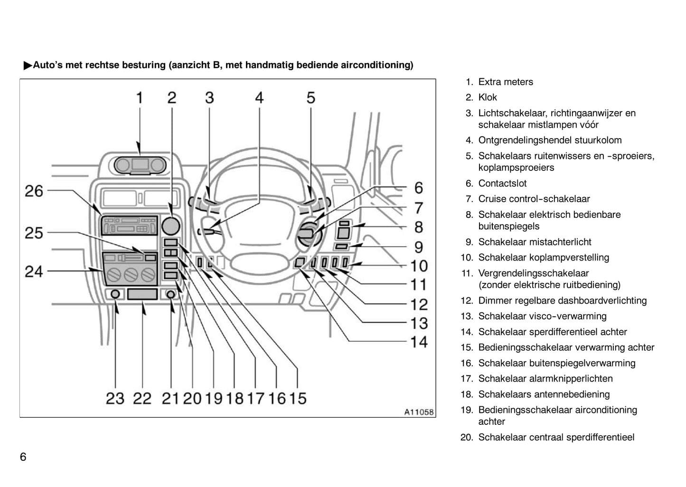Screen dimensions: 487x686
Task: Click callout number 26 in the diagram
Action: [34, 191]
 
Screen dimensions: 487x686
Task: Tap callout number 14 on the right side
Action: [419, 342]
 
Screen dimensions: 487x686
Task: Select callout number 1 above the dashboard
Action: [140, 98]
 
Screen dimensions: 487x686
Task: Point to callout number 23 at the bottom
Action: [115, 398]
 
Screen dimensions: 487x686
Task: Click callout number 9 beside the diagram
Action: [419, 247]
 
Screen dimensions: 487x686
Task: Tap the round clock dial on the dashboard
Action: [170, 225]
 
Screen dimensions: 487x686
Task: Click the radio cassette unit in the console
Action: [129, 225]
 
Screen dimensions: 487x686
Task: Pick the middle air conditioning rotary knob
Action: [130, 274]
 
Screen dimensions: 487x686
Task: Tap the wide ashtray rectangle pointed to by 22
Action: [142, 294]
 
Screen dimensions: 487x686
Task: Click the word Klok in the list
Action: [488, 97]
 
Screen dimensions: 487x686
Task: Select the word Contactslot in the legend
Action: [502, 183]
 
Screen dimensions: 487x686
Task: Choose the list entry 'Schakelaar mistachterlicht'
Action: [535, 242]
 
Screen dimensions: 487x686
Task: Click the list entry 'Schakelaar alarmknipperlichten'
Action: [545, 379]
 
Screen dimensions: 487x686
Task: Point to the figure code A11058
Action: [419, 412]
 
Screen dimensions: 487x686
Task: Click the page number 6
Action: [23, 457]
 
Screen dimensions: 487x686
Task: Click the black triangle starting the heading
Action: [28, 66]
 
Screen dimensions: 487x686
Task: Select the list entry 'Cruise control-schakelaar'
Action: [534, 199]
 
